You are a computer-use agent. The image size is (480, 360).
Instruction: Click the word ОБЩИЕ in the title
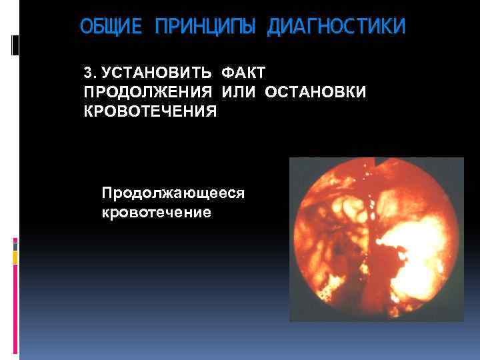click(x=112, y=27)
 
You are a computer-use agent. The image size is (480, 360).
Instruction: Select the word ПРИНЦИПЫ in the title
click(x=207, y=27)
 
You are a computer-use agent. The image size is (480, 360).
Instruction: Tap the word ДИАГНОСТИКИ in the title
click(x=335, y=27)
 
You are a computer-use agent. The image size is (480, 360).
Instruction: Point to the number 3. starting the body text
click(x=89, y=72)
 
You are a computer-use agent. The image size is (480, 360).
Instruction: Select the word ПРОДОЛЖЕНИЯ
click(x=148, y=91)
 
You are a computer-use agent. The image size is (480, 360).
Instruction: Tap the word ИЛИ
click(x=238, y=91)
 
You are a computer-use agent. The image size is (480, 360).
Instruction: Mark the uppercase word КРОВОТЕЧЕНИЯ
click(x=150, y=111)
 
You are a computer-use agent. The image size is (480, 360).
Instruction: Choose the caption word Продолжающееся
click(x=173, y=193)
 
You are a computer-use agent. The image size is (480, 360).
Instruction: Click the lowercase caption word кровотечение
click(x=156, y=213)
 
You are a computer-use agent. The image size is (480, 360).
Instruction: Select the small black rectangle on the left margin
click(x=15, y=45)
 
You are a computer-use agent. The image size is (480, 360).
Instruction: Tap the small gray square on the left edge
click(x=15, y=245)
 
